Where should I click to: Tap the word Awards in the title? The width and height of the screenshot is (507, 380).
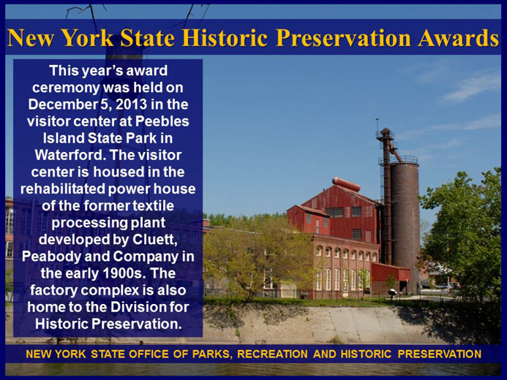pyautogui.click(x=458, y=38)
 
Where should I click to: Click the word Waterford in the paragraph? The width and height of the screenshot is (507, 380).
pyautogui.click(x=70, y=155)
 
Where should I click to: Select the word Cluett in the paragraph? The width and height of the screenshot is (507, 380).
pyautogui.click(x=155, y=240)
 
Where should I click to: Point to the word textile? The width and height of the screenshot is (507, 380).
pyautogui.click(x=153, y=205)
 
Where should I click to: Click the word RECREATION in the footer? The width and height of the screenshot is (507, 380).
pyautogui.click(x=272, y=354)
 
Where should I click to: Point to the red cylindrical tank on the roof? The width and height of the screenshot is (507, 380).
pyautogui.click(x=346, y=183)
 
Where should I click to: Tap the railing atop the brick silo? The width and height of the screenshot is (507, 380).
pyautogui.click(x=404, y=159)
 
